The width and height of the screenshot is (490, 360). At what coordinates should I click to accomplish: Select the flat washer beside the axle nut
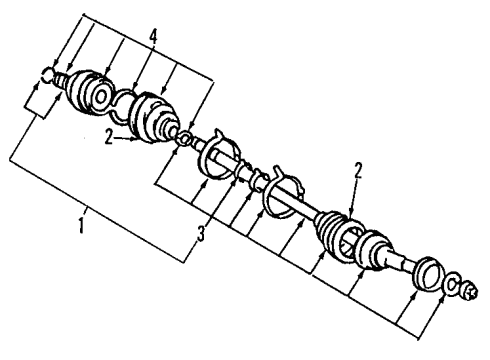point(452,283)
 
